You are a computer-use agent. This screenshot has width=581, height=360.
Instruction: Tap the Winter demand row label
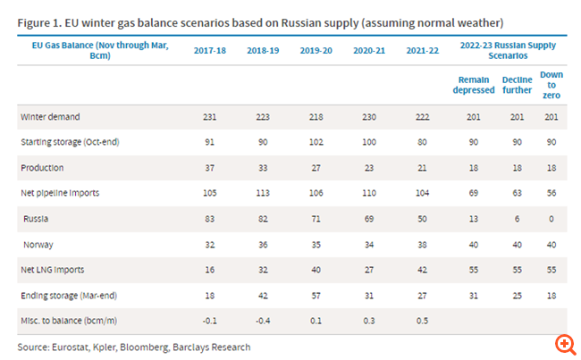coord(50,117)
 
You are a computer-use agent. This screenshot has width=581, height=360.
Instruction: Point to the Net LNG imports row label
coord(55,268)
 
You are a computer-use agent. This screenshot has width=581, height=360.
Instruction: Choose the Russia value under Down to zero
coord(551,217)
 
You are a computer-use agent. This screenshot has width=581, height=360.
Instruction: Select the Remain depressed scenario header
coord(474,84)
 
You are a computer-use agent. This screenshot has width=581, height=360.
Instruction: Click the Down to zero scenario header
coord(551,84)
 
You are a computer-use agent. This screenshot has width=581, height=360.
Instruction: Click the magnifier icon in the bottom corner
coord(564,344)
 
